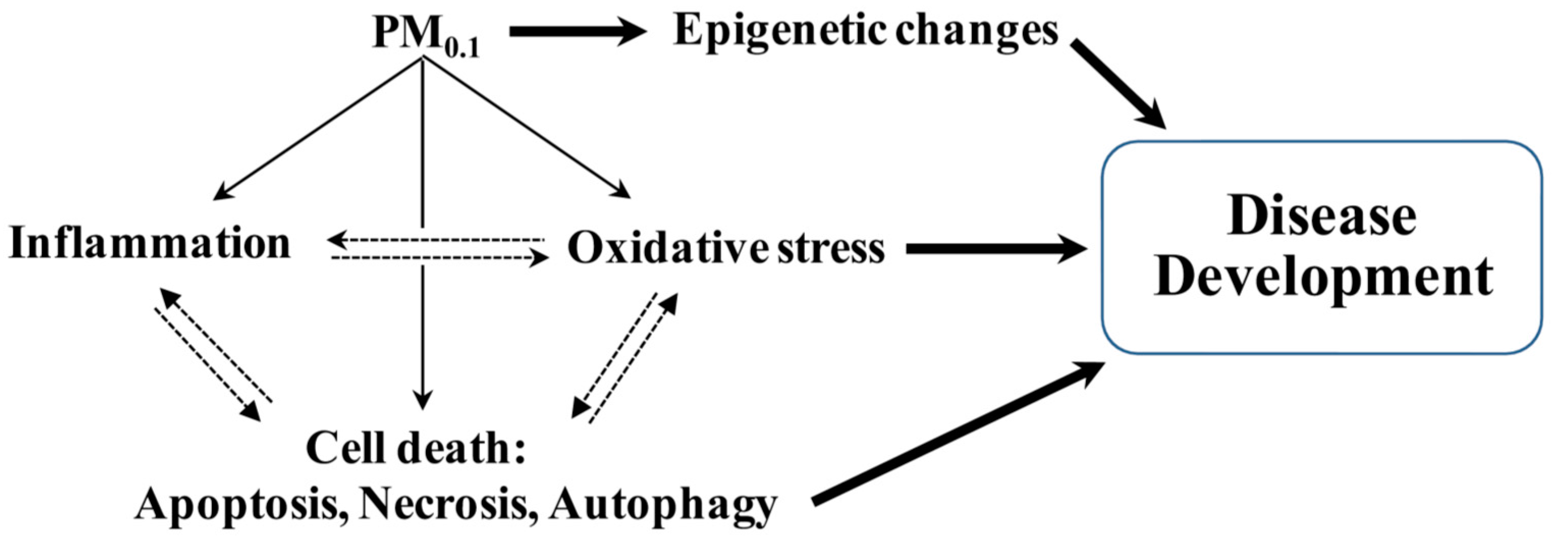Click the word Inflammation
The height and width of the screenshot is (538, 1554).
coord(150,244)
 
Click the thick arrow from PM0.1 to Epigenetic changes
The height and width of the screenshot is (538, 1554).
coord(576,33)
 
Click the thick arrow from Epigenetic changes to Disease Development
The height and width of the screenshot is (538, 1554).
coord(1119,85)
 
